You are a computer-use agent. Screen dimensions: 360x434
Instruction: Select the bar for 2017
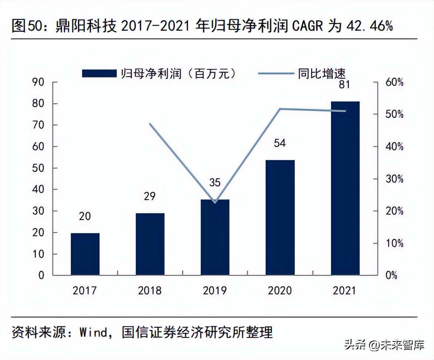pos(85,254)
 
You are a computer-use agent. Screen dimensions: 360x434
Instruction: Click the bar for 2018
pos(150,244)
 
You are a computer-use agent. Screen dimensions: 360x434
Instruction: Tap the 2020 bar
pos(280,218)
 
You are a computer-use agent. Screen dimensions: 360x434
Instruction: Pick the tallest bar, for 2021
pos(345,188)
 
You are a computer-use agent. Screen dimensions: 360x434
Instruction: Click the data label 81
pos(344,84)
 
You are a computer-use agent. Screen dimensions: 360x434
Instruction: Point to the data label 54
pos(280,143)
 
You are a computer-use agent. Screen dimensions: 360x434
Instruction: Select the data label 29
pos(150,196)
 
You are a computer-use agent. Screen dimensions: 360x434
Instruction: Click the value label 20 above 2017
pos(85,216)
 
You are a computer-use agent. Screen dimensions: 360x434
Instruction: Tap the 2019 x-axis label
pos(215,291)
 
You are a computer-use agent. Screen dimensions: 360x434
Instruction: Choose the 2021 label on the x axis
pos(345,291)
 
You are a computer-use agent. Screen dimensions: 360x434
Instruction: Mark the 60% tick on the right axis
pos(394,82)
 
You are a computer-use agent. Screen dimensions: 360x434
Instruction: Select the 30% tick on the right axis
pos(394,179)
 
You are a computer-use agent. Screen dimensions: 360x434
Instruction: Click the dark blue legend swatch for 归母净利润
pos(99,74)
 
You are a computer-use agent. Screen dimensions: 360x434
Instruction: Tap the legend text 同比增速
pos(321,74)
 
